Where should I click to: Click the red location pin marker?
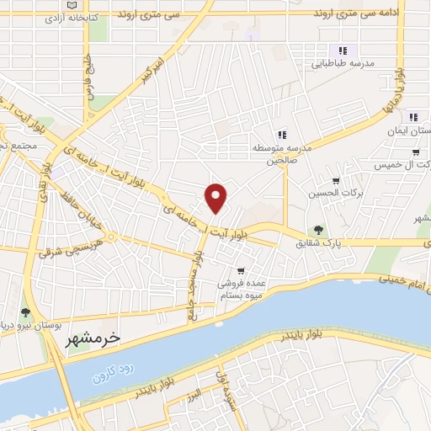[217, 198]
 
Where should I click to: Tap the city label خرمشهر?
[93, 338]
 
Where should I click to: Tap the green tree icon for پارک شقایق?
[318, 229]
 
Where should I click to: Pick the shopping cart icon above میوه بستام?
[242, 271]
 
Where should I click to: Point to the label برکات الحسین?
[336, 194]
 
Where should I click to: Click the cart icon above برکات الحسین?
[336, 180]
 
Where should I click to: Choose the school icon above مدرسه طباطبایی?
[342, 49]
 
